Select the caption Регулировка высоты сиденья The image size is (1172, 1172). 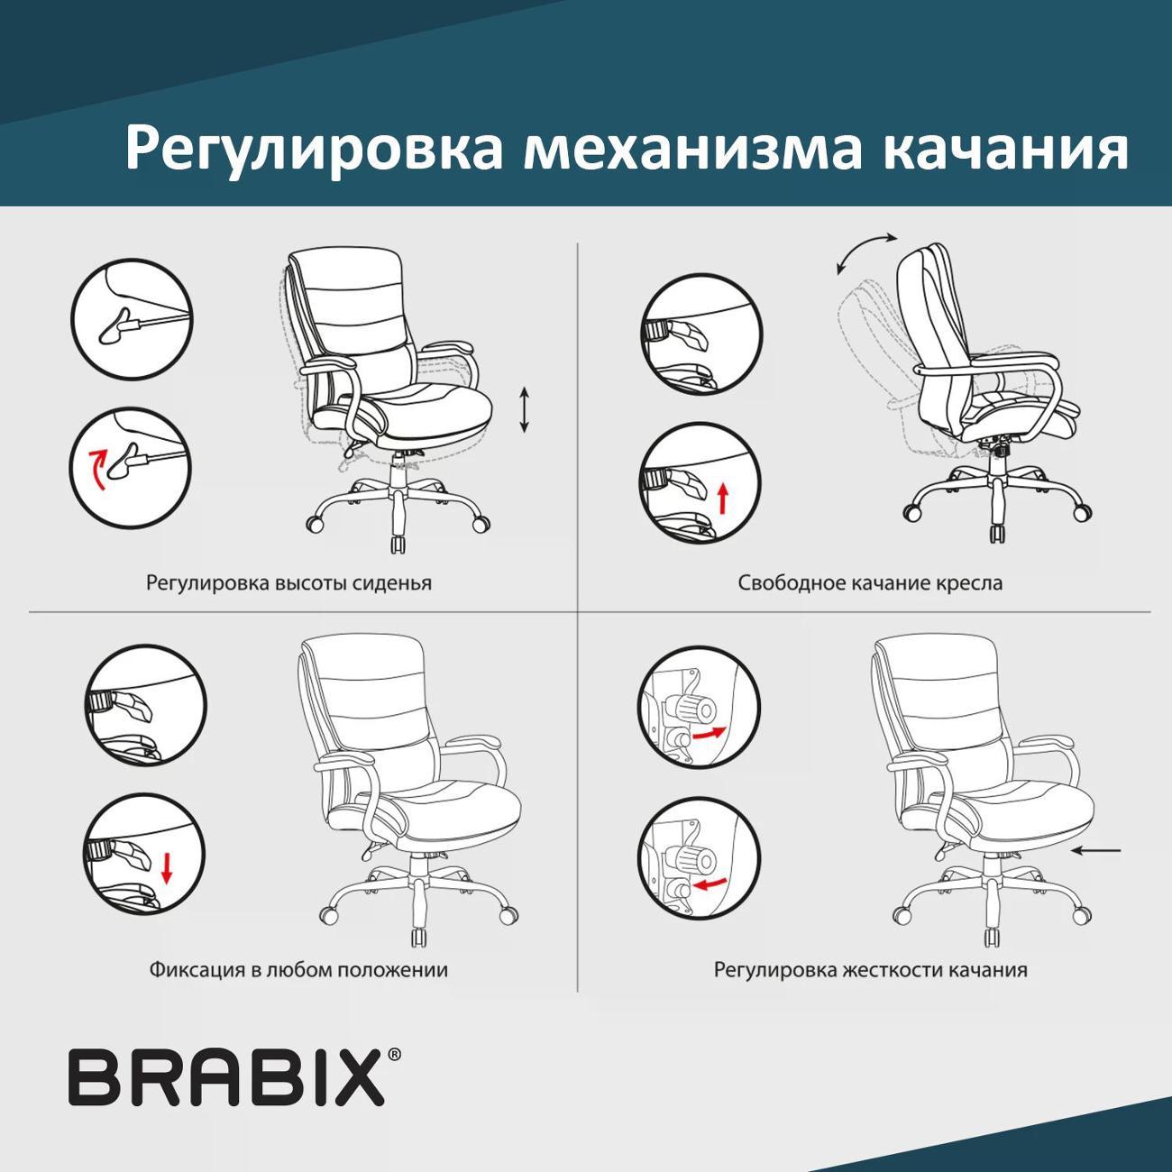click(288, 582)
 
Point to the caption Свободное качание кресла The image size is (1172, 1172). click(870, 582)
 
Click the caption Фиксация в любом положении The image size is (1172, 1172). click(298, 970)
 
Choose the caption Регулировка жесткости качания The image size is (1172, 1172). click(870, 970)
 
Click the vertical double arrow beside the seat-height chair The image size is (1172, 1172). click(525, 409)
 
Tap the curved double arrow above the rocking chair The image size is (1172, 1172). click(866, 252)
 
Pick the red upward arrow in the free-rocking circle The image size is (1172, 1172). click(722, 497)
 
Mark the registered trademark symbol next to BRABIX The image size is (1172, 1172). click(394, 1054)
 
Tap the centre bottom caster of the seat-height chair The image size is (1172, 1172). click(397, 545)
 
